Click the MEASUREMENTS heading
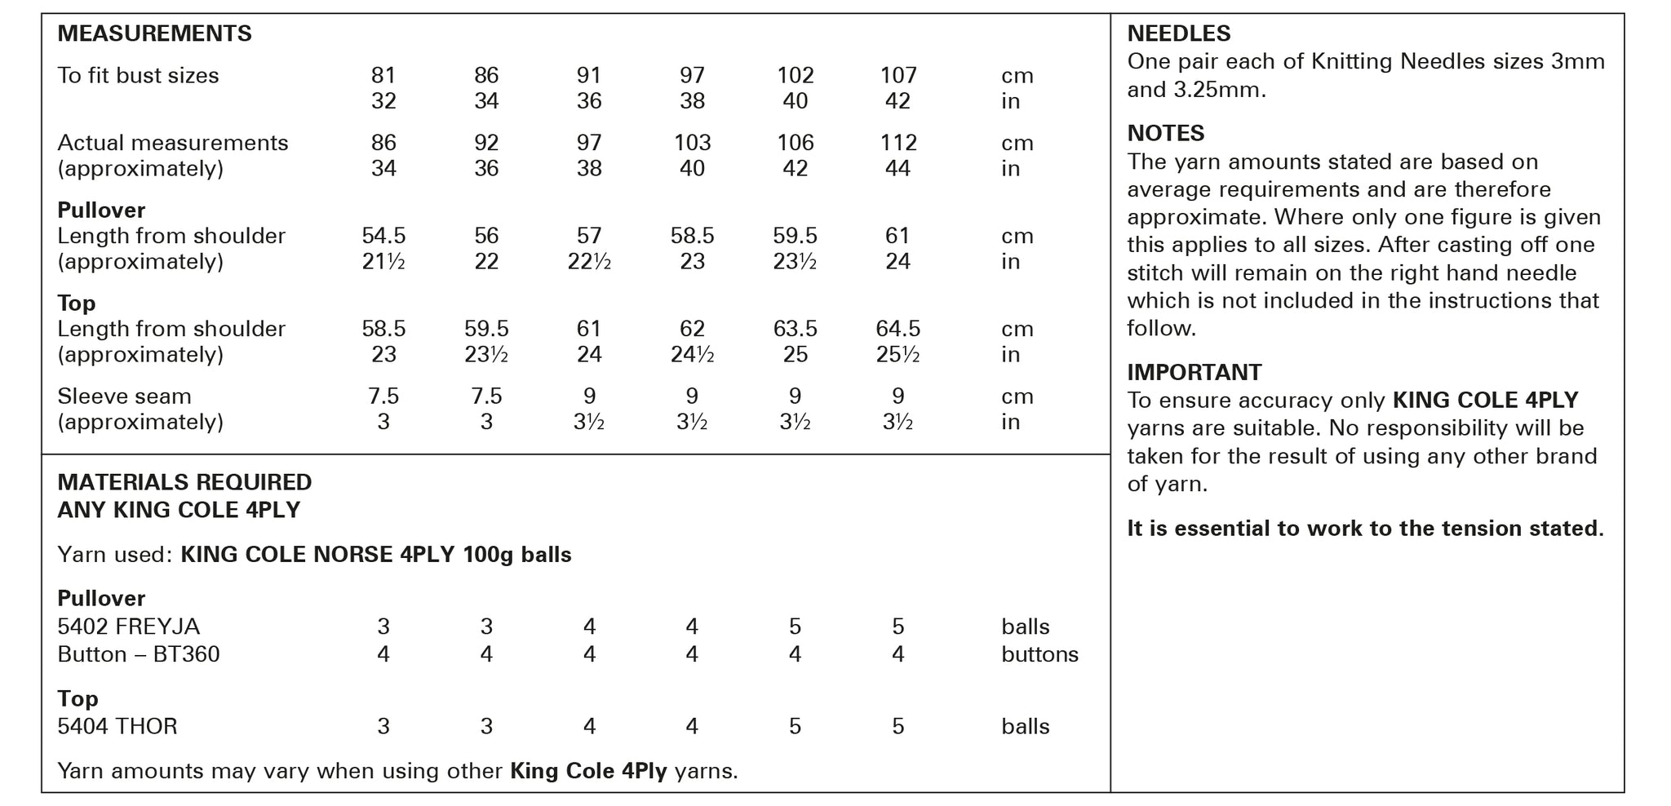[154, 34]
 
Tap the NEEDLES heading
[1178, 34]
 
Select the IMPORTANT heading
[1194, 373]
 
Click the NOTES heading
[1165, 134]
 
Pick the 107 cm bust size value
[898, 76]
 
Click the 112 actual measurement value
[898, 144]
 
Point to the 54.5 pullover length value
[383, 237]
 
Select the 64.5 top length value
[898, 330]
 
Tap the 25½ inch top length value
[898, 356]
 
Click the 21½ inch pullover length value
[383, 263]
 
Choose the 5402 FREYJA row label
[128, 627]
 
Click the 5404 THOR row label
[117, 727]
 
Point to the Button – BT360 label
[138, 655]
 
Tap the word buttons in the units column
[1039, 655]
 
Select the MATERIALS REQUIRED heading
[184, 483]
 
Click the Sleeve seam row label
[124, 397]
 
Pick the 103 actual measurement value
[692, 144]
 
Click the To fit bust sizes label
[138, 76]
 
